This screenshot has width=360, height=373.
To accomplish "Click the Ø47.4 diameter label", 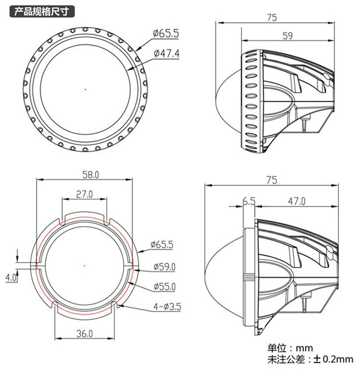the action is coord(167,53).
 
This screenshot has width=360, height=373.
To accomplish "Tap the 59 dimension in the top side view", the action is coord(288,36).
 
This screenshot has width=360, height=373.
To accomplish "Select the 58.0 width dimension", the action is coord(91,175).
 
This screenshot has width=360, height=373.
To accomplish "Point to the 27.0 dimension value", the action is coord(84,194).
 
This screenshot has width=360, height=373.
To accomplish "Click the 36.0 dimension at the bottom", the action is coord(84,334).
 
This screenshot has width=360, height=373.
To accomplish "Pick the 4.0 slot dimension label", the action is coord(11,277).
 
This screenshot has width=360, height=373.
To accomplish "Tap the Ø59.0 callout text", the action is coord(165,266).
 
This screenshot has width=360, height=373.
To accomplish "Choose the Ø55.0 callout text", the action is coord(165,287).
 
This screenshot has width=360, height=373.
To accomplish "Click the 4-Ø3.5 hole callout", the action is coord(167,306).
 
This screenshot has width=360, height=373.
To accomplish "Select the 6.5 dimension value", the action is coord(249,202).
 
